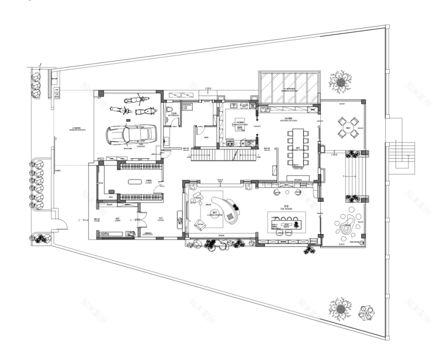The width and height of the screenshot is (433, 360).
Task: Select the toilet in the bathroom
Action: [x=169, y=110]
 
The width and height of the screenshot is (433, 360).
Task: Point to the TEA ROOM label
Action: [x=286, y=208]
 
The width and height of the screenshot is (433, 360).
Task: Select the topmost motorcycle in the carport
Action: [x=136, y=100]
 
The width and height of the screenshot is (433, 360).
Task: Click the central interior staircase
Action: [x=223, y=156]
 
